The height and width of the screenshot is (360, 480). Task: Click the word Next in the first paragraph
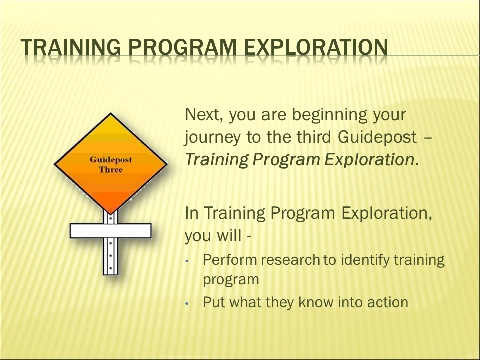tap(204, 115)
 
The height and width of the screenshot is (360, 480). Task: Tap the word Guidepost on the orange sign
tap(111, 160)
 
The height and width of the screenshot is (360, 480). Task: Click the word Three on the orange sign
tap(111, 170)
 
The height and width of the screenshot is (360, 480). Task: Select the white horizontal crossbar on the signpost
tap(111, 231)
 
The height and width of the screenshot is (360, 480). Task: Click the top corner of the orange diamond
tap(111, 113)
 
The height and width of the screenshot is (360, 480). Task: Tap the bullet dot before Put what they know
tap(187, 303)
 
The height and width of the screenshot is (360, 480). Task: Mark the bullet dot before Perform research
tap(187, 261)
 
